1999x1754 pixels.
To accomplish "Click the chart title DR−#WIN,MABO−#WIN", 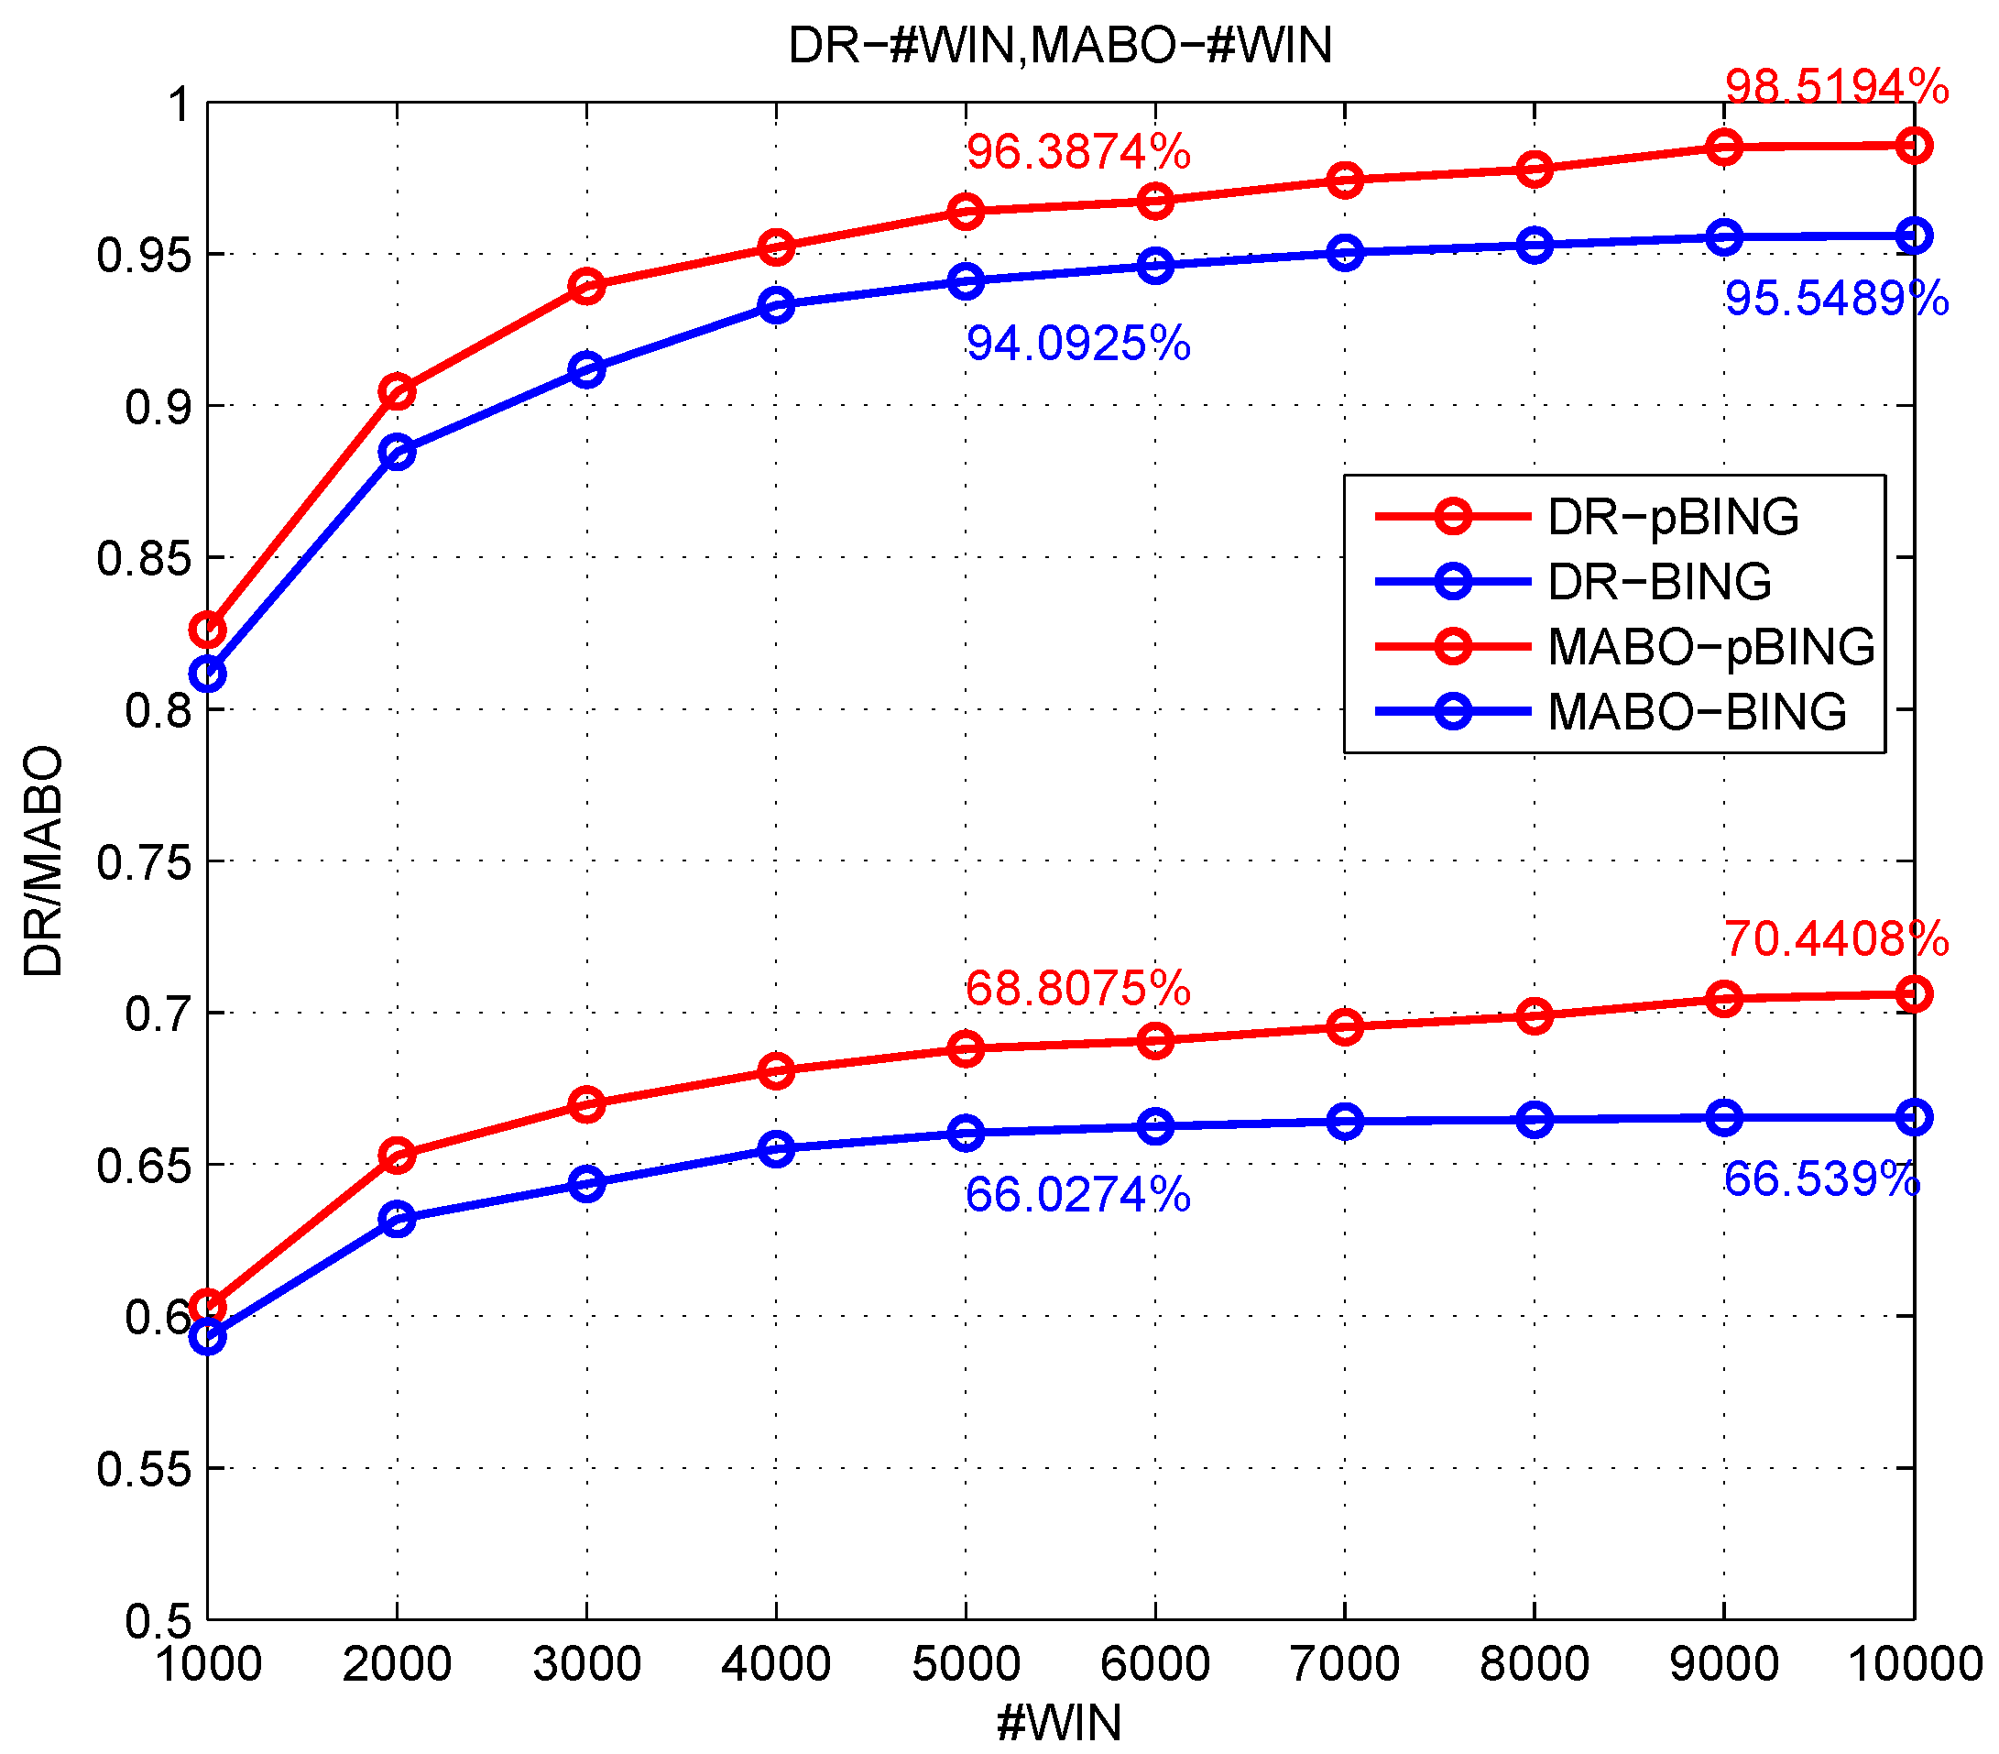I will click(x=1059, y=46).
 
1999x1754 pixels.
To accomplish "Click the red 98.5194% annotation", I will click(x=1836, y=87).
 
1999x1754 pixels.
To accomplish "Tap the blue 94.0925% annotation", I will click(x=1077, y=345).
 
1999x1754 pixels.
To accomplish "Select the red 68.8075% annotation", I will click(x=1077, y=989).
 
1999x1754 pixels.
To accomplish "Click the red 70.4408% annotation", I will click(x=1836, y=939).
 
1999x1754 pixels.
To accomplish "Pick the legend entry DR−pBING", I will click(x=1672, y=517).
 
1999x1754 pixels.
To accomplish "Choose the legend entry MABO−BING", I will click(x=1697, y=711).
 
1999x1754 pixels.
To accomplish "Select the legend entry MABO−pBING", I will click(x=1710, y=647).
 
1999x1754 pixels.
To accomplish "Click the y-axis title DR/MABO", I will click(x=44, y=861).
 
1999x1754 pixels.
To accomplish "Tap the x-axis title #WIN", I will click(x=1059, y=1722).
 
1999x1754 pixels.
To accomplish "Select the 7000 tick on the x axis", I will click(x=1345, y=1663).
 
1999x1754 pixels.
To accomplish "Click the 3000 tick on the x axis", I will click(x=587, y=1663).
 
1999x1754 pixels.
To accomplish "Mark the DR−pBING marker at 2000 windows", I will click(x=397, y=392).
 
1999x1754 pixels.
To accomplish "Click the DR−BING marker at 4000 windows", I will click(x=777, y=306).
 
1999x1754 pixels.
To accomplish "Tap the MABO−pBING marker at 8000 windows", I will click(x=1535, y=1016).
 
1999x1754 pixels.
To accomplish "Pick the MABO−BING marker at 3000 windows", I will click(x=587, y=1185).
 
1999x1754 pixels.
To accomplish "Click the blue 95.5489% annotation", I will click(x=1836, y=299).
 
